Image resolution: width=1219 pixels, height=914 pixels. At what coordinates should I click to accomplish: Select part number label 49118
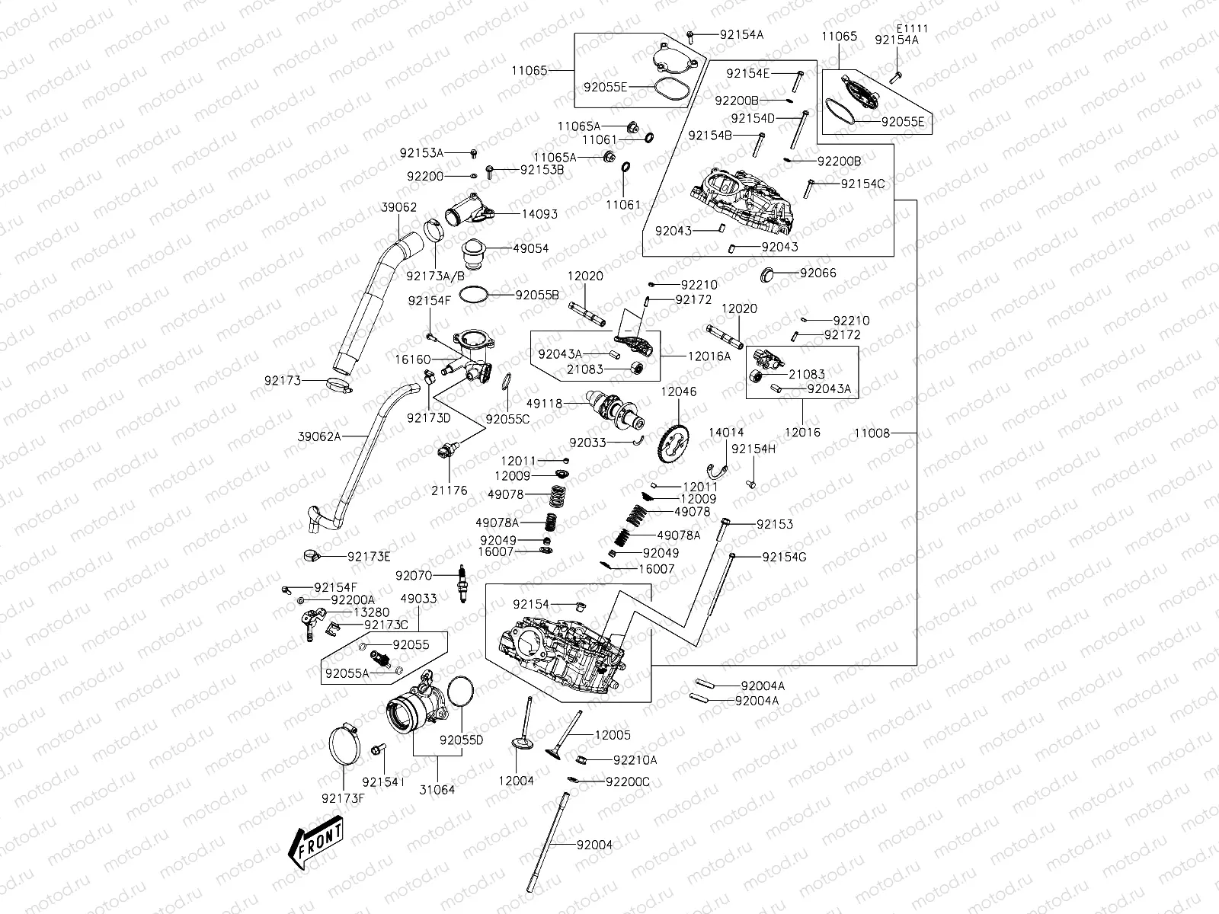coord(543,404)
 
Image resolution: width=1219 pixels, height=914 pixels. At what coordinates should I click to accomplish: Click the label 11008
coord(872,433)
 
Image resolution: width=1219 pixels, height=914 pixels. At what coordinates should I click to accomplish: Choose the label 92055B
coord(537,294)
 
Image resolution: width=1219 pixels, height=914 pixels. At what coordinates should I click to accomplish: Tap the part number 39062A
coord(319,436)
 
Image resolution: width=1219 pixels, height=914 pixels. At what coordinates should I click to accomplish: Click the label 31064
coord(437,790)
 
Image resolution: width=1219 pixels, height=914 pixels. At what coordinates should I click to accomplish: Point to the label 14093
coord(539,214)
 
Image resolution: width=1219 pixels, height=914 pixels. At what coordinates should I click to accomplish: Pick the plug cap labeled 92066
coord(769,273)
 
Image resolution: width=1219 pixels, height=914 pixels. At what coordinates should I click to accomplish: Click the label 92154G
coord(784,557)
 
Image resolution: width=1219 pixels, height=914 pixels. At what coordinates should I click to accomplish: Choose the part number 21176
coord(450,491)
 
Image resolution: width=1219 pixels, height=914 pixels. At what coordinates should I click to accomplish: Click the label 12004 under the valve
coord(517,781)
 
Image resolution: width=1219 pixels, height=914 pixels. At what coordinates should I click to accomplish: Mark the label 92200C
coord(628,781)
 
